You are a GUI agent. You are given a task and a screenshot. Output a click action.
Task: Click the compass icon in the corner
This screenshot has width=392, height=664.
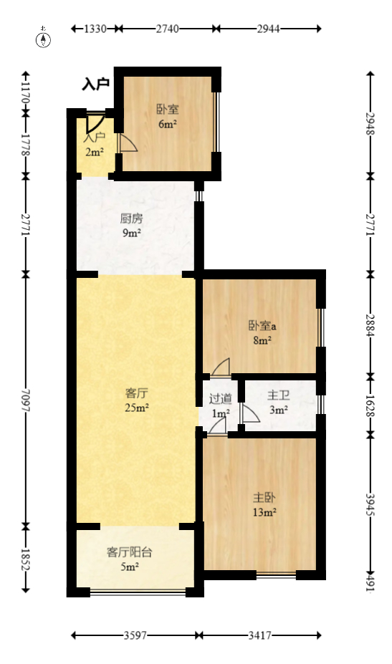(x=44, y=39)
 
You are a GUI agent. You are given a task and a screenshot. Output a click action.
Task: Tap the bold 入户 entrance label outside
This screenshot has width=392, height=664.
(x=95, y=85)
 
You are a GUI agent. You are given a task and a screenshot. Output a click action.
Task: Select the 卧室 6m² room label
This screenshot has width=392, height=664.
(x=168, y=117)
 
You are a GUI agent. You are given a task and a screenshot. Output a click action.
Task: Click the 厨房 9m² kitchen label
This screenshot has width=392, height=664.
(x=130, y=225)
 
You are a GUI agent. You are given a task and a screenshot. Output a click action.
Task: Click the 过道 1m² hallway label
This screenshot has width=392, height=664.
(x=220, y=406)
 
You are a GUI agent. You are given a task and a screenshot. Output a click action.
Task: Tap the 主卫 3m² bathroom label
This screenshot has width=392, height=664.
(x=278, y=403)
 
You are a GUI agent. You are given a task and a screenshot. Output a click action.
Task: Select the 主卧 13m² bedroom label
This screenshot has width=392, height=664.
(x=264, y=504)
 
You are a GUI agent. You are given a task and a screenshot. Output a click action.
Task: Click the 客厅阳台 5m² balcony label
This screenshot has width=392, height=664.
(x=129, y=559)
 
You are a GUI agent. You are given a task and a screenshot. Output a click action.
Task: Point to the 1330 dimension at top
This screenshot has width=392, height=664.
(x=95, y=29)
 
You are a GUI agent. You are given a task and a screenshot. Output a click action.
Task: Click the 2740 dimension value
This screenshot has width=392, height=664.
(x=167, y=29)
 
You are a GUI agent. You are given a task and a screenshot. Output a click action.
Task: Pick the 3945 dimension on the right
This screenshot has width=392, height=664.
(x=371, y=506)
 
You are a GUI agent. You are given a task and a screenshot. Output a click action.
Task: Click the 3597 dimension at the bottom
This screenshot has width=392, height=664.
(x=135, y=635)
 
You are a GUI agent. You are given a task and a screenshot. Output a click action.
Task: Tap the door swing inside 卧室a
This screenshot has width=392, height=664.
(x=221, y=367)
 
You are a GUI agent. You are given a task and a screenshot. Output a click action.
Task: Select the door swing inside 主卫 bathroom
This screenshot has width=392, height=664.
(x=250, y=414)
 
